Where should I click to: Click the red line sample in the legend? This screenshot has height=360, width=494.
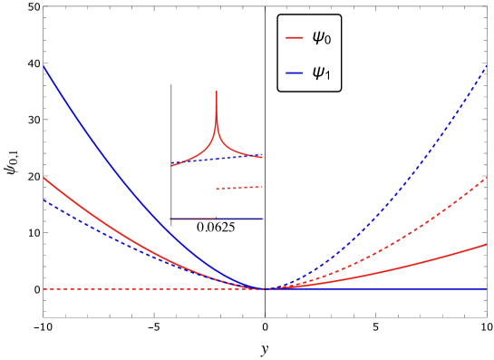[x=294, y=38]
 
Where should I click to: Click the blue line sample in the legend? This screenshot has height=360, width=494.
[x=294, y=73]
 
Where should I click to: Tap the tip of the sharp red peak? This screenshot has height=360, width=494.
[x=217, y=92]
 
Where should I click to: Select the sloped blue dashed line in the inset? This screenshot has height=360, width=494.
[x=227, y=159]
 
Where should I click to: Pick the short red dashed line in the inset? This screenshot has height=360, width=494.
[x=239, y=188]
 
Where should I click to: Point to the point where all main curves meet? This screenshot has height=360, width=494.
[x=264, y=288]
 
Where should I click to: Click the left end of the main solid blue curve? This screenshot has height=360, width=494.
[x=44, y=66]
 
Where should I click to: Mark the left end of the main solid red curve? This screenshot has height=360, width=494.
[x=44, y=178]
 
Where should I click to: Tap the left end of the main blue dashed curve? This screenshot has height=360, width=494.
[x=44, y=199]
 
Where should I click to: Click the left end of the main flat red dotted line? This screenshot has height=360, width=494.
[x=44, y=288]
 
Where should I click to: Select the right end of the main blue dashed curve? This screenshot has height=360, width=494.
[x=487, y=65]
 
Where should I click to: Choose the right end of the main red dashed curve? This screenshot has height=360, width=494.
[x=487, y=178]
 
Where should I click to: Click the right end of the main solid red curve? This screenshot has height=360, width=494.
[x=487, y=244]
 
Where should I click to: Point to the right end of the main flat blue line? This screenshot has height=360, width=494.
[x=487, y=288]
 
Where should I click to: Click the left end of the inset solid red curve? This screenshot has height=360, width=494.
[x=172, y=166]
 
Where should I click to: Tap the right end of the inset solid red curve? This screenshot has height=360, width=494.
[x=262, y=158]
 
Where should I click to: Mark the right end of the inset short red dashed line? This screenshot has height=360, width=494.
[x=262, y=187]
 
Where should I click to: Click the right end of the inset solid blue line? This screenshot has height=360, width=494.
[x=262, y=219]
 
